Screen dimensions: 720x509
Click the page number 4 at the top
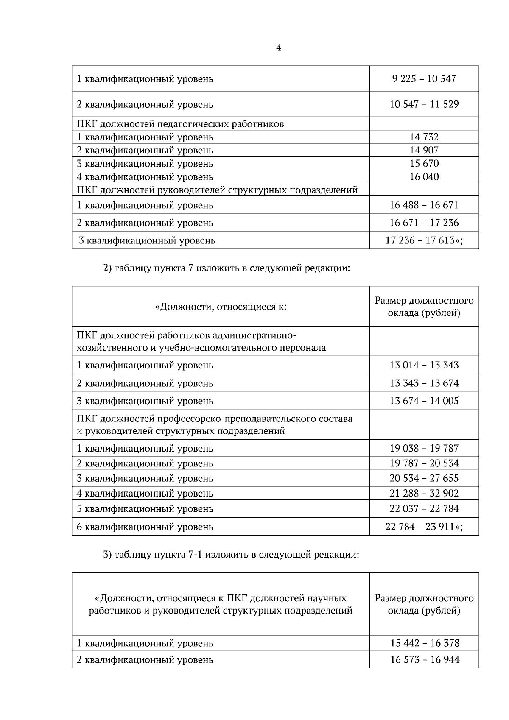pyautogui.click(x=278, y=48)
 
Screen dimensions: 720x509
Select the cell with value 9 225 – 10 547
pyautogui.click(x=424, y=79)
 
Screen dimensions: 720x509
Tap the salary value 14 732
pyautogui.click(x=424, y=137)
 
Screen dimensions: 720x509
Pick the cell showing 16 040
pyautogui.click(x=424, y=176)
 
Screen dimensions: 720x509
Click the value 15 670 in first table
pyautogui.click(x=424, y=163)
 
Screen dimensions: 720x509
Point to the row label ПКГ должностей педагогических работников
pyautogui.click(x=180, y=124)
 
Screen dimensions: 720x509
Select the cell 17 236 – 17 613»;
pyautogui.click(x=424, y=240)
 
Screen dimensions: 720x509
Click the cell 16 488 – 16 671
pyautogui.click(x=424, y=205)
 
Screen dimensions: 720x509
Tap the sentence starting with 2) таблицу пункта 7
pyautogui.click(x=227, y=268)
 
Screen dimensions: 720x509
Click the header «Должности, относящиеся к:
pyautogui.click(x=221, y=306)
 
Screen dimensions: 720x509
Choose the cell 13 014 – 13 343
pyautogui.click(x=424, y=365)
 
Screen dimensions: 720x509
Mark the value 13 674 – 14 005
pyautogui.click(x=424, y=401)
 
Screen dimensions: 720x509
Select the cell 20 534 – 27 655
pyautogui.click(x=424, y=478)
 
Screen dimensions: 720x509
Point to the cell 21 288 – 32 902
pyautogui.click(x=424, y=493)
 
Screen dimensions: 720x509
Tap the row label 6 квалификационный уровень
pyautogui.click(x=145, y=527)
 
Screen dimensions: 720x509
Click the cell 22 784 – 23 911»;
pyautogui.click(x=424, y=527)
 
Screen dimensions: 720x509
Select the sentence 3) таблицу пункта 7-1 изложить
pyautogui.click(x=231, y=555)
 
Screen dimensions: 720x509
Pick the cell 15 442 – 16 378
pyautogui.click(x=424, y=643)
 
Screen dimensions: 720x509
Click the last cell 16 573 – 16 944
pyautogui.click(x=424, y=660)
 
